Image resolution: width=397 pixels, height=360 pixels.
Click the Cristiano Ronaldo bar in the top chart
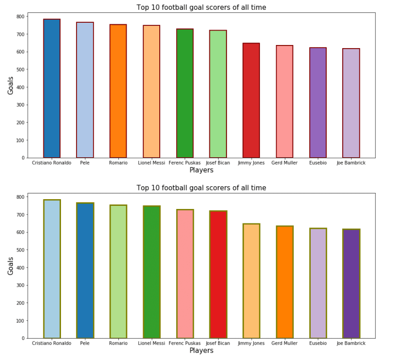click(x=52, y=88)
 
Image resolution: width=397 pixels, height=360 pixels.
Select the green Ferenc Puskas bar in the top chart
click(x=185, y=93)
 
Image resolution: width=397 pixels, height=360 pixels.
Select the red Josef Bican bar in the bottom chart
click(x=218, y=274)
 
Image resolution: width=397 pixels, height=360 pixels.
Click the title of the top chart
click(x=201, y=7)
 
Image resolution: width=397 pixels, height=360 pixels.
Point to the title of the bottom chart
click(x=201, y=188)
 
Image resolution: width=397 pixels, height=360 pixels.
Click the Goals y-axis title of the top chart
click(x=10, y=85)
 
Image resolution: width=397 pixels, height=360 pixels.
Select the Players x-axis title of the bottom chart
click(x=201, y=351)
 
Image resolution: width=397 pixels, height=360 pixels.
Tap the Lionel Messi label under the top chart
click(x=151, y=163)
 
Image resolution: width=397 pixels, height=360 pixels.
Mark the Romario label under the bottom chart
click(x=118, y=343)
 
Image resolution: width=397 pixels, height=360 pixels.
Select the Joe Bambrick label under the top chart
click(x=351, y=163)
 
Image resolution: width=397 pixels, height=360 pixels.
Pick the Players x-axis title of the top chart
click(x=201, y=170)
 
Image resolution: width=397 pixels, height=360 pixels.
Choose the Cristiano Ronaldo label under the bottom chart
click(x=52, y=343)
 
